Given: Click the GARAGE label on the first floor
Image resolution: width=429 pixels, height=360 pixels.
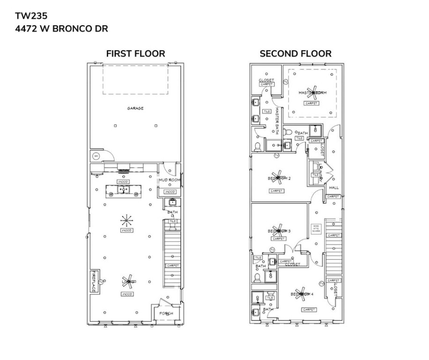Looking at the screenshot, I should click(x=135, y=108).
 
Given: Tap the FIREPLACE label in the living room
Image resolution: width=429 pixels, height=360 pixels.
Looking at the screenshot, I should click(x=94, y=282).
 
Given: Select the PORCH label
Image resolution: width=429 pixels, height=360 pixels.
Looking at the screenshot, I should click(x=166, y=313).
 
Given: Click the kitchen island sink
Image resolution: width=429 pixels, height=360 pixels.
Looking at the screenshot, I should click(x=124, y=189).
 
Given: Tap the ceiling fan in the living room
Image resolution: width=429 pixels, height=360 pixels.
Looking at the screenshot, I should click(x=127, y=281).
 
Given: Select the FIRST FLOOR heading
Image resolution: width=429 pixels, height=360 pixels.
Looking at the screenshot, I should click(x=135, y=53).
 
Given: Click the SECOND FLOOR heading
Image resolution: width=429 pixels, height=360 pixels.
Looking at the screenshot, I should click(x=296, y=53).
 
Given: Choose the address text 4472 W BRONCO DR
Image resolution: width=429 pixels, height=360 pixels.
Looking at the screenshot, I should click(x=61, y=29).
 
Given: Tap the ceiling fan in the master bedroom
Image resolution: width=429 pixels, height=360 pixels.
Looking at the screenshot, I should click(x=312, y=92).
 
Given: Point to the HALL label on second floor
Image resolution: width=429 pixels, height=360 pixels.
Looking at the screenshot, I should click(x=334, y=187).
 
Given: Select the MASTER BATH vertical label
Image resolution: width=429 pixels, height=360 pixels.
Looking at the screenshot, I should click(x=277, y=121).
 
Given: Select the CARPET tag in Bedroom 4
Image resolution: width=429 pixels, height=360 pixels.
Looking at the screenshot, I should click(x=309, y=309).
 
